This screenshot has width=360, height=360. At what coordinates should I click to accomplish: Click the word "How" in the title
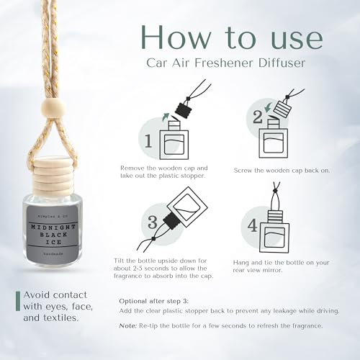click(176, 37)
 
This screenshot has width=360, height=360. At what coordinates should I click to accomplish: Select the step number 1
click(148, 141)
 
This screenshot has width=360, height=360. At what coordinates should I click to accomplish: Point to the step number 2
click(258, 117)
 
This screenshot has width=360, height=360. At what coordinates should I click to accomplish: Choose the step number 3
click(153, 222)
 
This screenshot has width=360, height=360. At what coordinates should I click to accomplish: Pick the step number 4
click(253, 225)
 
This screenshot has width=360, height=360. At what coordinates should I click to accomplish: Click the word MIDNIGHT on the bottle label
click(53, 227)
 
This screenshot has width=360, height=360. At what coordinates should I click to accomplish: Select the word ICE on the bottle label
click(53, 242)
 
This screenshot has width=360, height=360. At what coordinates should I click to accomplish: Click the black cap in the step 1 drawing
click(184, 108)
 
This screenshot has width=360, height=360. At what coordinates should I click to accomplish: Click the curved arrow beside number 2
click(268, 107)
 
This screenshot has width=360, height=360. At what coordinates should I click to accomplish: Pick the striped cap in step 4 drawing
click(274, 216)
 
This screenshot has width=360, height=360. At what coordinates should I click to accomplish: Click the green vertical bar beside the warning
click(18, 301)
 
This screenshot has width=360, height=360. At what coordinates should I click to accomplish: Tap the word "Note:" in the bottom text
click(128, 326)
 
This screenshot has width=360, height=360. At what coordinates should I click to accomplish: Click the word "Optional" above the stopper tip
click(133, 302)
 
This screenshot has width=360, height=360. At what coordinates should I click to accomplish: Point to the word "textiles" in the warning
click(61, 318)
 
